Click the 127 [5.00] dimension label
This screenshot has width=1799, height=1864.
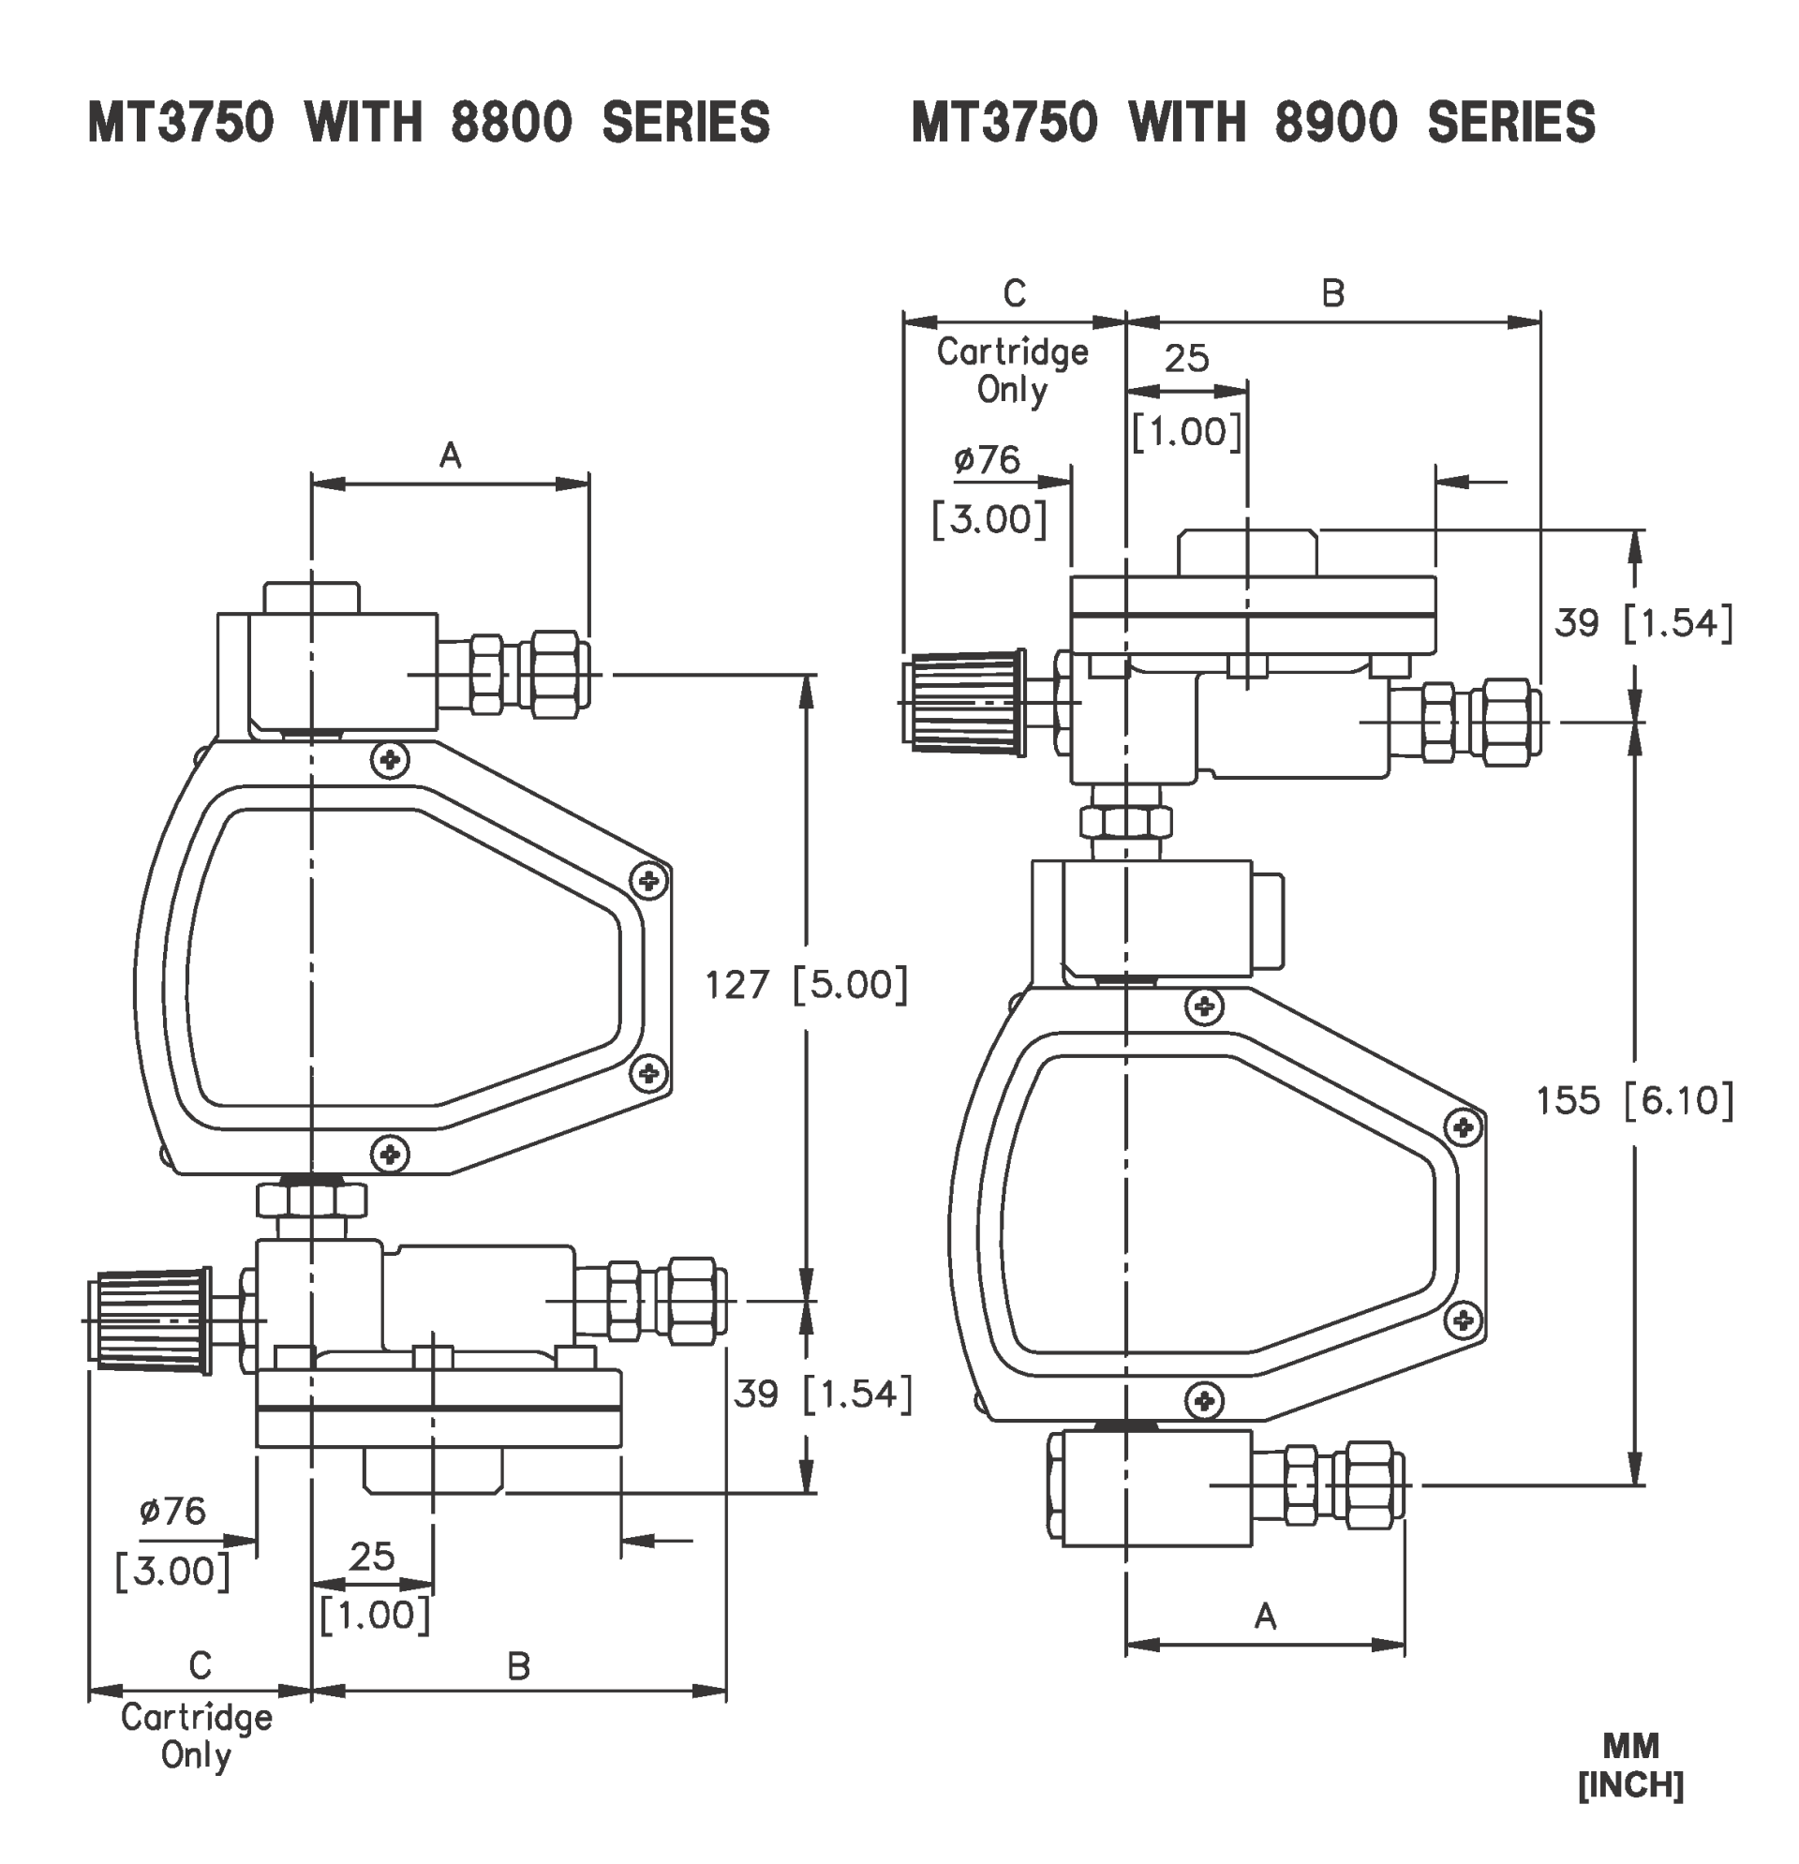(807, 985)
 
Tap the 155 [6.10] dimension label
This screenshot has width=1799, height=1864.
(1634, 1101)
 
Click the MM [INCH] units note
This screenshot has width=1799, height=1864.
(1630, 1766)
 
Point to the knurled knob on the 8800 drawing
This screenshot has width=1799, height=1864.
(152, 1320)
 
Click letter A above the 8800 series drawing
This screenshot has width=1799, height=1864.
(450, 456)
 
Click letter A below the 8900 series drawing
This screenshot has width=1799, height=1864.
(1265, 1616)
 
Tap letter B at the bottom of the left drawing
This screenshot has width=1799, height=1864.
(518, 1666)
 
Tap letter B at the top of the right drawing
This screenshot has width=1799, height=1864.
(1333, 294)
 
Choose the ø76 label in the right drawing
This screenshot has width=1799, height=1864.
(987, 460)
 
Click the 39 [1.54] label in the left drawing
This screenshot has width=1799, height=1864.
(823, 1394)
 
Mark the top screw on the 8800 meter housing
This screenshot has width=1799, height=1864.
(390, 759)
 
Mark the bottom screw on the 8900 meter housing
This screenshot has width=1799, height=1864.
(1205, 1401)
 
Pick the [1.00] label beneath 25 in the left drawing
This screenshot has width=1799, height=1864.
(375, 1615)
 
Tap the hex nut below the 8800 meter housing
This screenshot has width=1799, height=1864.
(311, 1200)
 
